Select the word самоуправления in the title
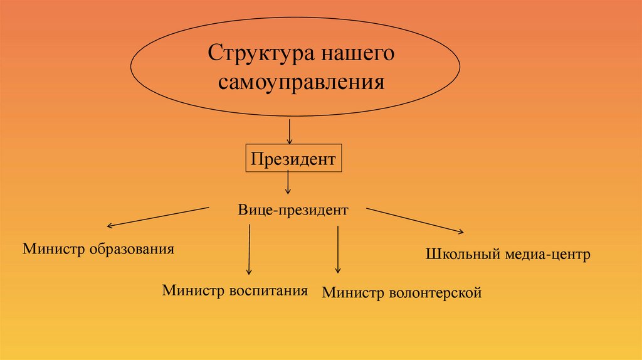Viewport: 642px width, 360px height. coord(301,82)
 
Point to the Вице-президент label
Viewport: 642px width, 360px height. coord(293,210)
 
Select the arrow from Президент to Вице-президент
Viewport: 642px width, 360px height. coord(288,182)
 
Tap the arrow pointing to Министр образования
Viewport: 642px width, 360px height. coord(157,216)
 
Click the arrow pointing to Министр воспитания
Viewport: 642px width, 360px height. coord(249,249)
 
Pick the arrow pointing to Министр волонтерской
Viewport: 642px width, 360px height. coord(338,249)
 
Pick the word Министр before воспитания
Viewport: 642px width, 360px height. coord(192,290)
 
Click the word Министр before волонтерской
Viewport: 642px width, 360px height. coord(352,292)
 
